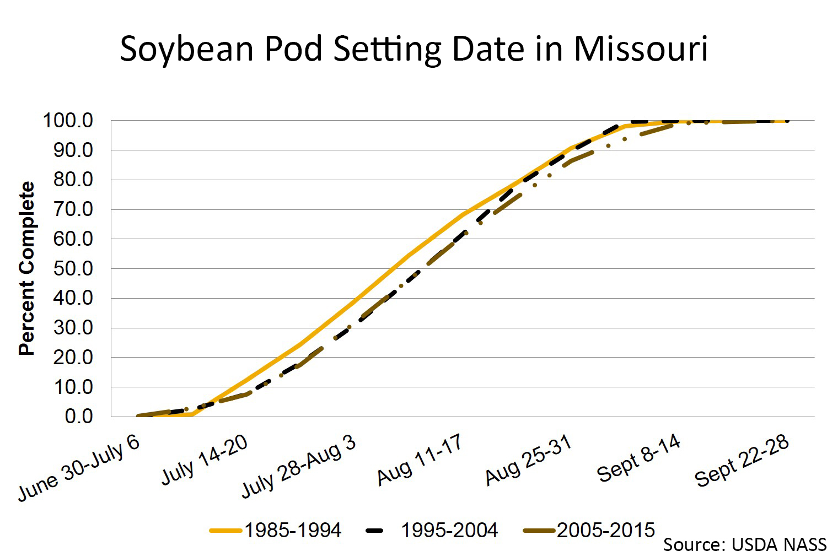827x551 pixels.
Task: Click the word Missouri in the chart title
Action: (x=641, y=48)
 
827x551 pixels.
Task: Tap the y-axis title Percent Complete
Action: (x=26, y=268)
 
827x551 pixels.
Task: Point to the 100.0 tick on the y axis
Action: (x=68, y=120)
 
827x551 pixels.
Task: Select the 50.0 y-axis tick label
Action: (x=73, y=268)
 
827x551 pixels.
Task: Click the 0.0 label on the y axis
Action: (x=78, y=417)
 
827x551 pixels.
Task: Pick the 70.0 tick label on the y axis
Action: (x=73, y=209)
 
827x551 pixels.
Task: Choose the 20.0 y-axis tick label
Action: (x=73, y=357)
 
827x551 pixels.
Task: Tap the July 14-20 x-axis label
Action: (x=205, y=460)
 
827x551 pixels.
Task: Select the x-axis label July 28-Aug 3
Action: (x=298, y=466)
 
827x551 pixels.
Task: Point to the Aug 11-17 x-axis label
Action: (x=420, y=460)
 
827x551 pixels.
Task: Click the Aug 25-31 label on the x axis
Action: (x=528, y=460)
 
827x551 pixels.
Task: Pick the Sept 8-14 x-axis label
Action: (x=638, y=457)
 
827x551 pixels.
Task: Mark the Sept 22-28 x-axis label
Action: (x=742, y=461)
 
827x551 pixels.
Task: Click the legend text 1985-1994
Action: (x=293, y=530)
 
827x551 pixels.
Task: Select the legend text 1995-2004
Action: (x=449, y=530)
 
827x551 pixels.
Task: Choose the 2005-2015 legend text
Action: (x=606, y=530)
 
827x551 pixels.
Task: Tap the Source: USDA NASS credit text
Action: (x=744, y=544)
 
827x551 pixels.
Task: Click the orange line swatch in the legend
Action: (x=226, y=531)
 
